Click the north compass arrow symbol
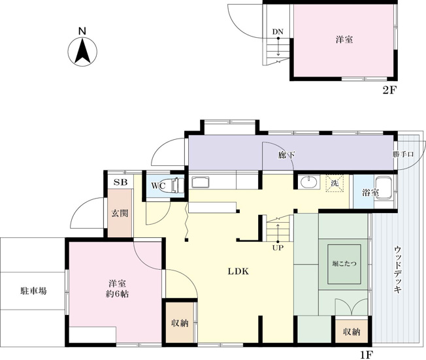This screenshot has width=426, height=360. (x=82, y=52)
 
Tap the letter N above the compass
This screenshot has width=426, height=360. (x=82, y=31)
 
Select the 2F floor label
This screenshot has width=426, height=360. (x=389, y=90)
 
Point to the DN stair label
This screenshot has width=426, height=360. (x=278, y=32)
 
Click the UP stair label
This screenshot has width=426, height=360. (x=278, y=248)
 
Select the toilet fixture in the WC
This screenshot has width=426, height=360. (x=174, y=186)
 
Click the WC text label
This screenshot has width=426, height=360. (x=157, y=186)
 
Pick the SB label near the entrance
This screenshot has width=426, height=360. (x=120, y=182)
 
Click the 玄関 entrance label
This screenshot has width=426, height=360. (x=119, y=213)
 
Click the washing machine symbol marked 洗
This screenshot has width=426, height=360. (x=335, y=184)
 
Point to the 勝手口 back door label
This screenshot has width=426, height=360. (x=403, y=155)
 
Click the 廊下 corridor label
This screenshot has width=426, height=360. (x=286, y=155)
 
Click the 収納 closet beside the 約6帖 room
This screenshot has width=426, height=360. (x=179, y=324)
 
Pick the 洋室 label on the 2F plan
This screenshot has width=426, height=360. (x=345, y=40)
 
